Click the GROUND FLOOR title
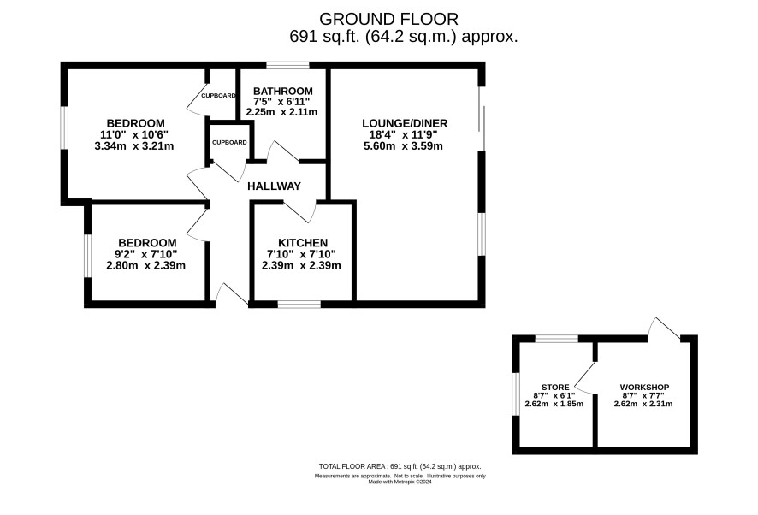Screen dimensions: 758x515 388,20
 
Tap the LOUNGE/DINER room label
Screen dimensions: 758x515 406,123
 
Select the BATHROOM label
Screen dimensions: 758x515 283,91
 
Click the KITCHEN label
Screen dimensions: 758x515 303,243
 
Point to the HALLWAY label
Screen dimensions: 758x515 274,186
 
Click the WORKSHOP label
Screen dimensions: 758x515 644,388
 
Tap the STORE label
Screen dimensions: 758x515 555,388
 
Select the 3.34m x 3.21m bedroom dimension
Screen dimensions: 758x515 134,146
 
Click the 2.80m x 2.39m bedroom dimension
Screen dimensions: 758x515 146,265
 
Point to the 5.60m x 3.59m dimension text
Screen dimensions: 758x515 403,146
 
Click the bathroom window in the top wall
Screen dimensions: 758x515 287,65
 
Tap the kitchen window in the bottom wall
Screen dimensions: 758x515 299,305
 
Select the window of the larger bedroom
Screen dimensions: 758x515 64,127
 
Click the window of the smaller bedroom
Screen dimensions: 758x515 87,257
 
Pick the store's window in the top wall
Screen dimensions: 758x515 557,339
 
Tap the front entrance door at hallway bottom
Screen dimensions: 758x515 232,294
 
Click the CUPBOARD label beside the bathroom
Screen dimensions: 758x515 218,96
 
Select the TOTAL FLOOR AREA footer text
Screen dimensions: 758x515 400,466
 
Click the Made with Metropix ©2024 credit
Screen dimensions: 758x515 400,482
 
